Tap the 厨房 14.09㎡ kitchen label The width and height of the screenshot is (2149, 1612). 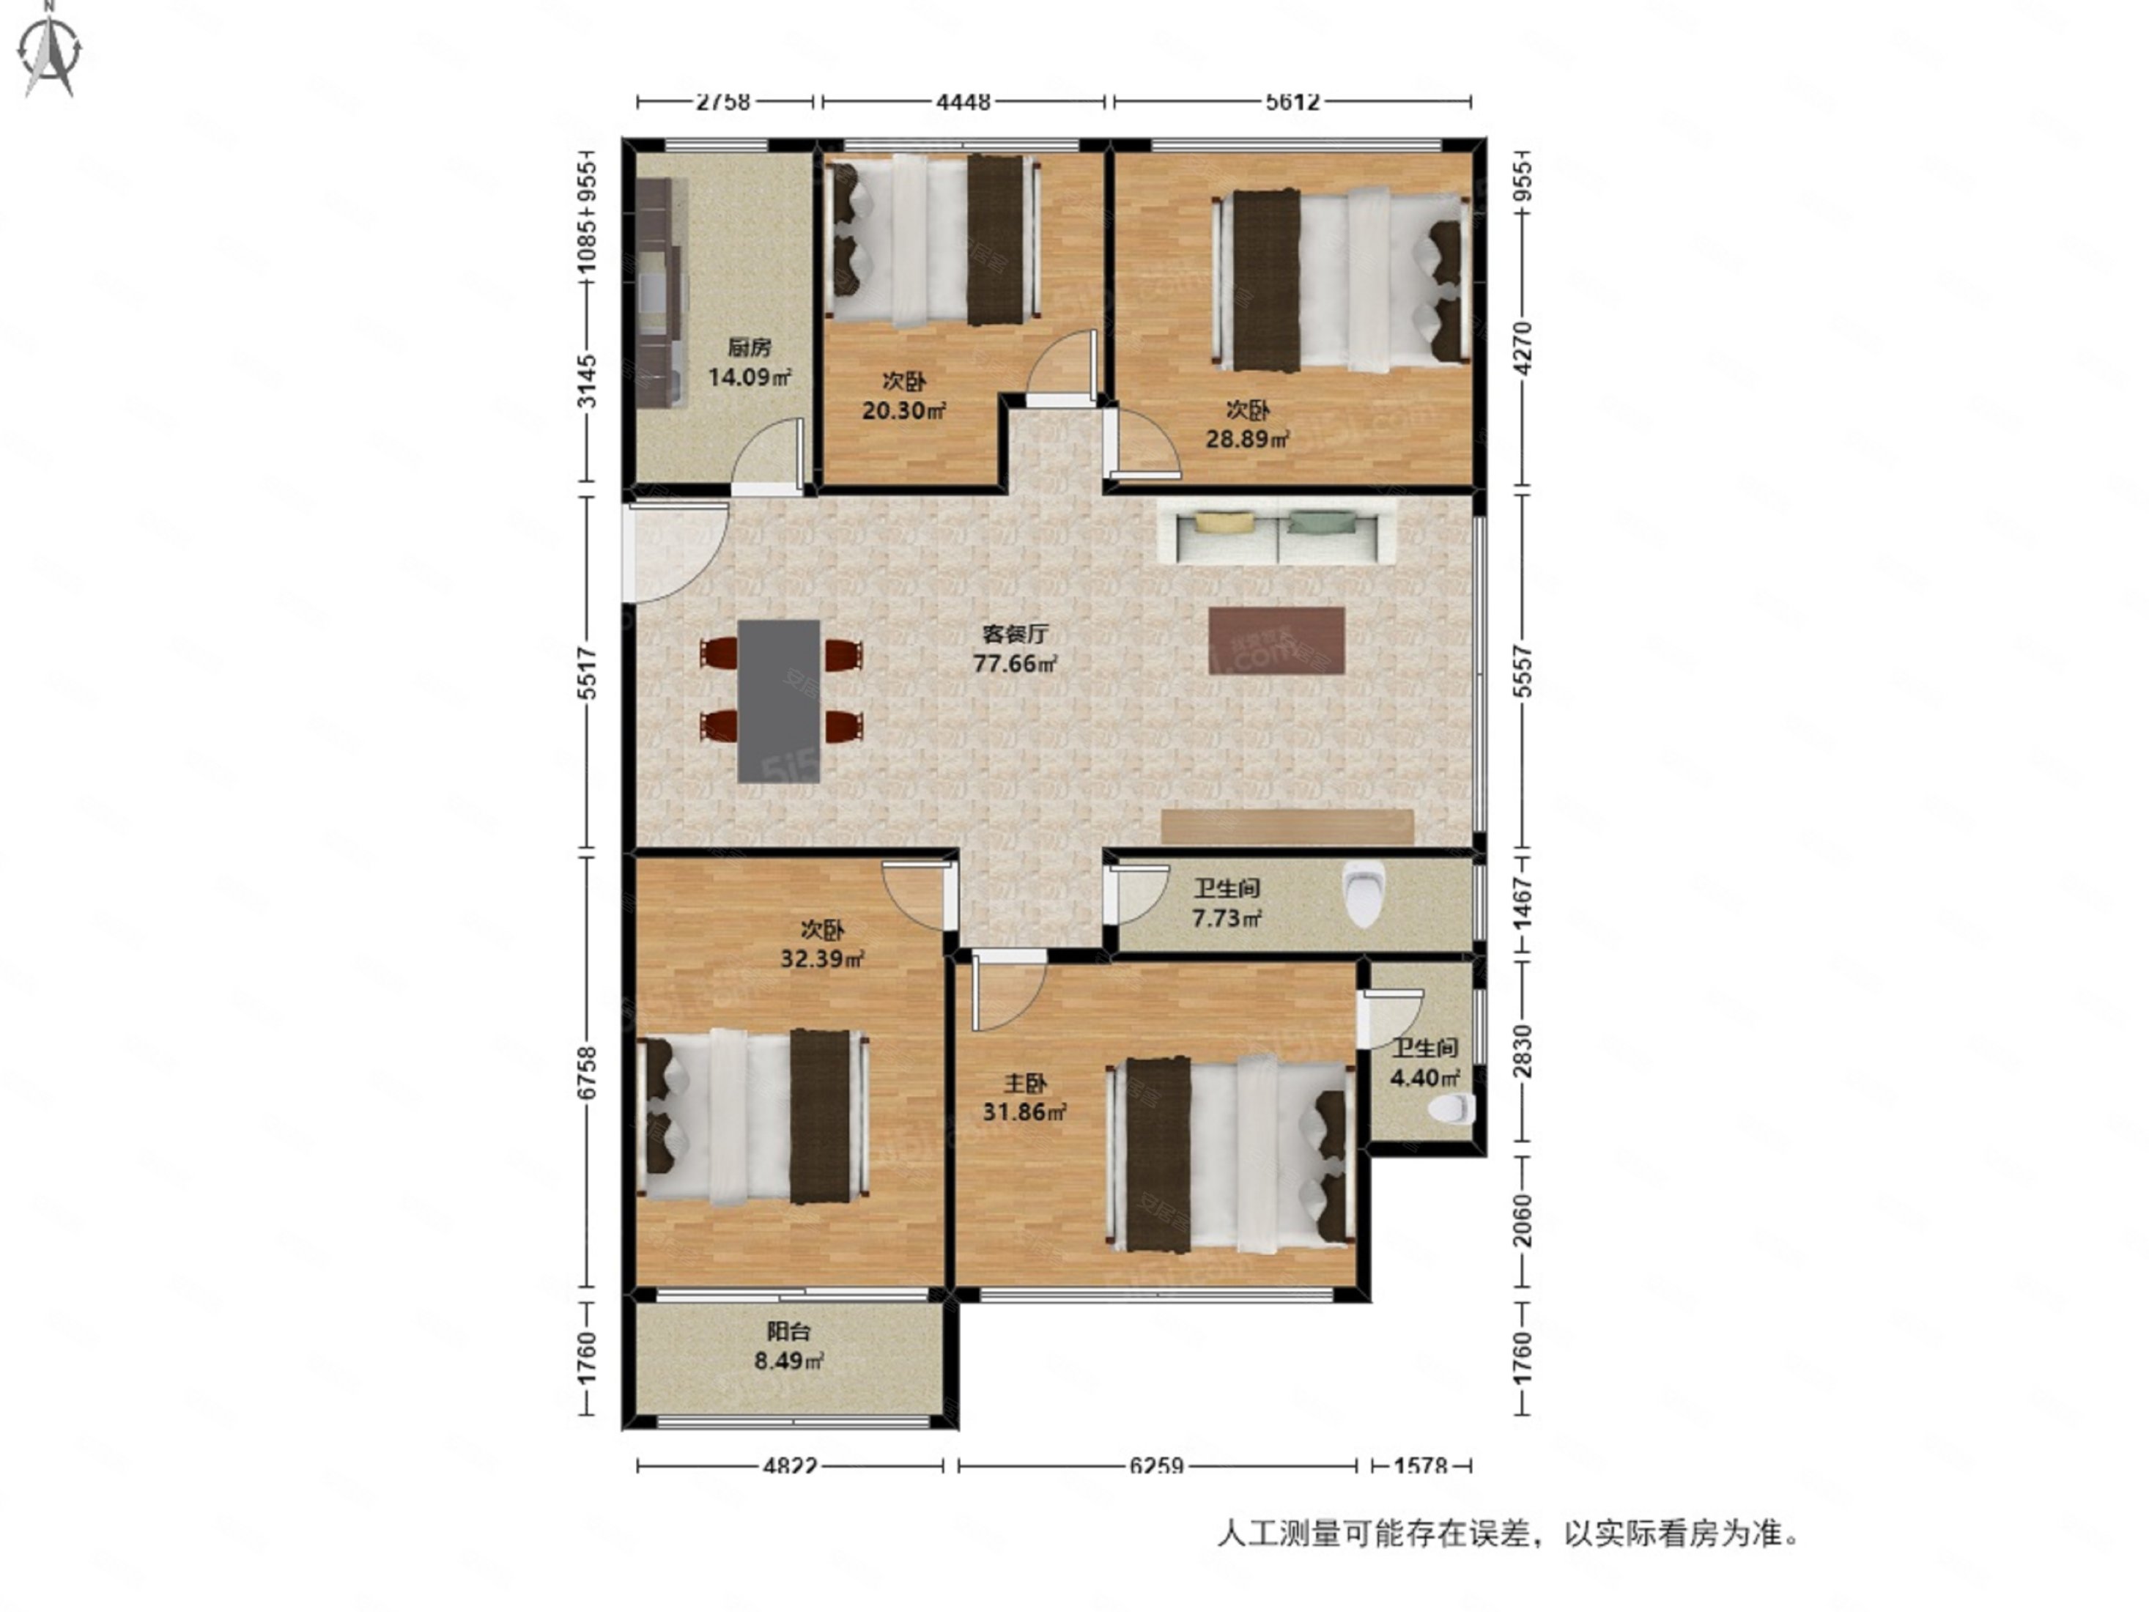(x=749, y=363)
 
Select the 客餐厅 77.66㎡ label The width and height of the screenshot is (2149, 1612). (x=1016, y=649)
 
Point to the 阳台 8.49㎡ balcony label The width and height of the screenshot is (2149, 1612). (x=789, y=1347)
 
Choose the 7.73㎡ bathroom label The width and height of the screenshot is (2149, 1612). (x=1227, y=903)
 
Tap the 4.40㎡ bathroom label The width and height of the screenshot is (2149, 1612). (x=1425, y=1064)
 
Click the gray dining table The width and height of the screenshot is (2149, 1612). (x=778, y=700)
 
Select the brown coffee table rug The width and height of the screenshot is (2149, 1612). (x=1276, y=640)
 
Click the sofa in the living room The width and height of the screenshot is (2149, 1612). (x=1276, y=537)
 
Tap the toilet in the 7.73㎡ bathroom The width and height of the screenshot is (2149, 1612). (x=1363, y=894)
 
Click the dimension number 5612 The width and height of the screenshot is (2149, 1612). (x=1292, y=102)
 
